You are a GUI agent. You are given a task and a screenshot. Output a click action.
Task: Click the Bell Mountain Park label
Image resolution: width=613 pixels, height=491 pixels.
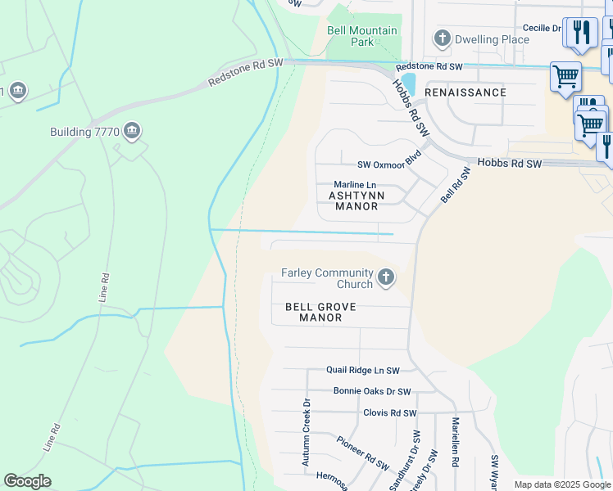tap(361, 36)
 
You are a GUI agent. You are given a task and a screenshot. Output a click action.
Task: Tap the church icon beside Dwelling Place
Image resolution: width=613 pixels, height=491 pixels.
tap(443, 38)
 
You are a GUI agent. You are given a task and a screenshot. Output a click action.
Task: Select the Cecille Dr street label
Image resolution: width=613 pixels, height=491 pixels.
tap(542, 28)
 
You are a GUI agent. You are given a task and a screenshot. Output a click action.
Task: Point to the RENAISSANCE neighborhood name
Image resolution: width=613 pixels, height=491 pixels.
tap(465, 92)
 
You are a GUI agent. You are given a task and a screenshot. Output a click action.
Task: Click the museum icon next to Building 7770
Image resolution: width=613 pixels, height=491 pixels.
tap(132, 131)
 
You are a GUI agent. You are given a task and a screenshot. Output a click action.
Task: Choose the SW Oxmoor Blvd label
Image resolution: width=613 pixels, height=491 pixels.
tap(389, 164)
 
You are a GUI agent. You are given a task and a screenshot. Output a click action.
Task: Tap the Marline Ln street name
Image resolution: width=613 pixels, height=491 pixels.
tap(356, 186)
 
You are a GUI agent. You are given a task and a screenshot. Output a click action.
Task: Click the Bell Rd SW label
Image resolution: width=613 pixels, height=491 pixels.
tap(456, 185)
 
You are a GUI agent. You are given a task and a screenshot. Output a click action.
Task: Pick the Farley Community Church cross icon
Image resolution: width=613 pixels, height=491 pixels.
tap(386, 279)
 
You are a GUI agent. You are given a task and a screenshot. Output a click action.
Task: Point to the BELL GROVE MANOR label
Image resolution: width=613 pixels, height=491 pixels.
tap(320, 312)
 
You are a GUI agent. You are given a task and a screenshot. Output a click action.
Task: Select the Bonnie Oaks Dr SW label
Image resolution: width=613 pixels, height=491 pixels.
tap(372, 392)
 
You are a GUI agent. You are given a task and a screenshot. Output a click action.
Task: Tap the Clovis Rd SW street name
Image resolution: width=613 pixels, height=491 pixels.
tap(389, 413)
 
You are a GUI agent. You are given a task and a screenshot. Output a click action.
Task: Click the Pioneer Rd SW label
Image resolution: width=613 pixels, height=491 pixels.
tap(362, 453)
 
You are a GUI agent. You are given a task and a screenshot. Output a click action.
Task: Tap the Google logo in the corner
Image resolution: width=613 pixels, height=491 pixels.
tap(27, 481)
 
